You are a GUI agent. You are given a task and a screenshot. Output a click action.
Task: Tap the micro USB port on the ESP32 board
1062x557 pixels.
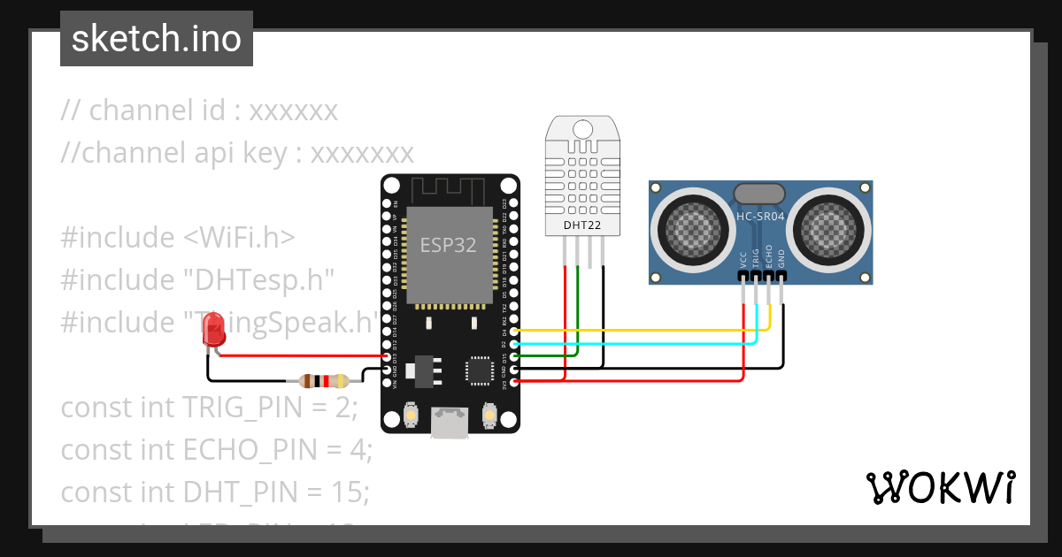[450, 423]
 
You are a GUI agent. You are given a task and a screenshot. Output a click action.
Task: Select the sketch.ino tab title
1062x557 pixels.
[157, 39]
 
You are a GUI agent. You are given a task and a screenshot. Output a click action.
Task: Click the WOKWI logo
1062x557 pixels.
[939, 487]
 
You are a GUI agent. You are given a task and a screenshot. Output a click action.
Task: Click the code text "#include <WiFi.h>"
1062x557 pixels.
[178, 238]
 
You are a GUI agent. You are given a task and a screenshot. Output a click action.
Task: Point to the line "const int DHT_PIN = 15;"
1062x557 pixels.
[215, 492]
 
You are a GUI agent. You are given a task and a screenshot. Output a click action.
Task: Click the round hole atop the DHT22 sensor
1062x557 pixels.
[581, 129]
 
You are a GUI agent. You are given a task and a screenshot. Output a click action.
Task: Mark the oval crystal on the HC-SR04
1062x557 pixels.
[759, 193]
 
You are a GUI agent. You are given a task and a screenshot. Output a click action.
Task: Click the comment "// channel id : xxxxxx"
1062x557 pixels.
[199, 111]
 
